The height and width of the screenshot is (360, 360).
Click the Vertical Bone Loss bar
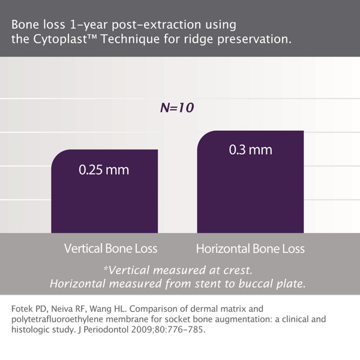click(x=104, y=191)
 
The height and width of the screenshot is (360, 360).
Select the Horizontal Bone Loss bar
click(x=250, y=182)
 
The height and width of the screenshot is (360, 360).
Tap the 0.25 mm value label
click(x=104, y=170)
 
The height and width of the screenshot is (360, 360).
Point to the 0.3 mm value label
click(x=250, y=150)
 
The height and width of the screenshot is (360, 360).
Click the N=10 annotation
click(x=177, y=107)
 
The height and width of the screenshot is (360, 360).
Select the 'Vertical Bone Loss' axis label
click(x=110, y=248)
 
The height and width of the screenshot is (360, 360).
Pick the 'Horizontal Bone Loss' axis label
click(x=250, y=248)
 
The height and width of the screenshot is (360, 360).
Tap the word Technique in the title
click(x=130, y=39)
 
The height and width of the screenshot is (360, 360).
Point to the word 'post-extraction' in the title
click(x=156, y=25)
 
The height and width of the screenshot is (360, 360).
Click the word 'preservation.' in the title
click(x=254, y=40)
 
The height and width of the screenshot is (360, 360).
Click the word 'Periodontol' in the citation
click(x=106, y=329)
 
